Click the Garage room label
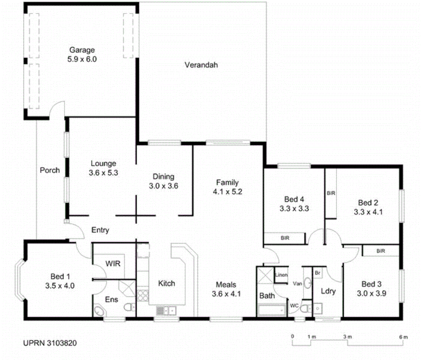pos(82,50)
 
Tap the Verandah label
pos(201,65)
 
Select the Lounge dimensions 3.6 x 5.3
pos(103,173)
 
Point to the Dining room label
pos(163,177)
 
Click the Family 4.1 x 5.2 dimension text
pos(228,192)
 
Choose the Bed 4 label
pos(294,199)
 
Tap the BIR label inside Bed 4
pos(285,238)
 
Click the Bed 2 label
pos(368,203)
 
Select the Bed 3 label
pos(371,284)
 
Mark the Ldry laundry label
pos(328,291)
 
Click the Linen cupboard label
pos(281,275)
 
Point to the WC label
pos(294,306)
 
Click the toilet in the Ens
pos(129,307)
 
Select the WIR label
pos(113,264)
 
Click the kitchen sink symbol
pos(166,311)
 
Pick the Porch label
pos(50,170)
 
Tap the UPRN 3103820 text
pos(50,343)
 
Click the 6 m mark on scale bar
pos(403,337)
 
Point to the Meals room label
pos(226,285)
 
